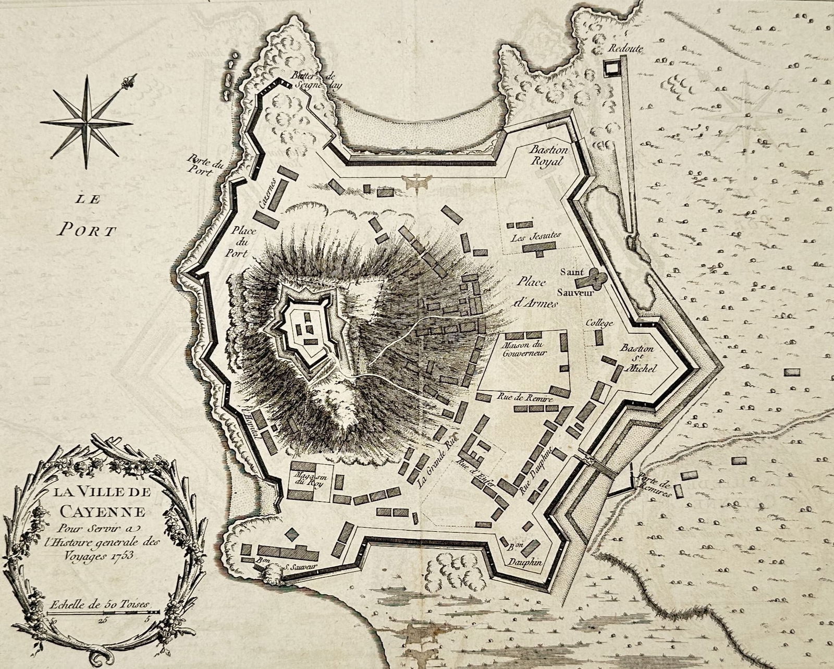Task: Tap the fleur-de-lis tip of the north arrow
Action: (130, 80)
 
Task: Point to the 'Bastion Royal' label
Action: (547, 155)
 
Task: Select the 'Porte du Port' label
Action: (207, 165)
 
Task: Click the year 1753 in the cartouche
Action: (124, 555)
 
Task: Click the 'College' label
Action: (599, 323)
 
